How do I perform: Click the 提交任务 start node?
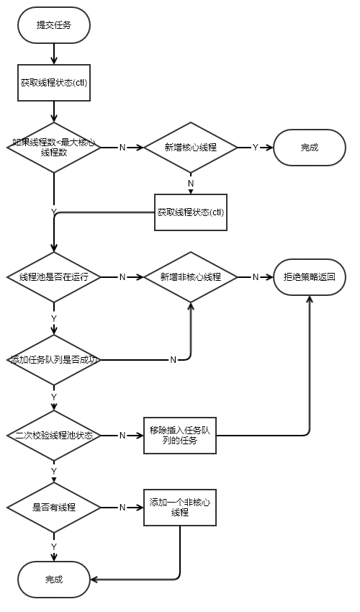pyautogui.click(x=54, y=24)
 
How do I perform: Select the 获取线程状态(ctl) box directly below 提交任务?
pyautogui.click(x=54, y=82)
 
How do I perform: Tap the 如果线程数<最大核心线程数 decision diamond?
pyautogui.click(x=54, y=148)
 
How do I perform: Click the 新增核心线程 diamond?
pyautogui.click(x=191, y=148)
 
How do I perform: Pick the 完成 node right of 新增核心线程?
pyautogui.click(x=310, y=148)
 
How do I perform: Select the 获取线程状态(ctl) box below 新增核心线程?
pyautogui.click(x=191, y=212)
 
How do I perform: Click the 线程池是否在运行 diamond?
pyautogui.click(x=54, y=276)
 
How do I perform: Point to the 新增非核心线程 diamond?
pyautogui.click(x=191, y=276)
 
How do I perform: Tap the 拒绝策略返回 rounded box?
pyautogui.click(x=310, y=276)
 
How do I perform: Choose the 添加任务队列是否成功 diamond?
pyautogui.click(x=54, y=359)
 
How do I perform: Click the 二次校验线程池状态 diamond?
pyautogui.click(x=54, y=436)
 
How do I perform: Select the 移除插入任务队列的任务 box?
pyautogui.click(x=180, y=436)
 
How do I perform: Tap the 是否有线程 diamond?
pyautogui.click(x=54, y=507)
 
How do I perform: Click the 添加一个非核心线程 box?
pyautogui.click(x=180, y=507)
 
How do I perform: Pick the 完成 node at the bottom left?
pyautogui.click(x=54, y=579)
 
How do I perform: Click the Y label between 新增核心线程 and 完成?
pyautogui.click(x=255, y=148)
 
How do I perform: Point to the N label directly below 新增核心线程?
pyautogui.click(x=191, y=183)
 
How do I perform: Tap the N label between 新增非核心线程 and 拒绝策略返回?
pyautogui.click(x=255, y=276)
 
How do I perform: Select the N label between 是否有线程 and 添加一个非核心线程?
pyautogui.click(x=122, y=507)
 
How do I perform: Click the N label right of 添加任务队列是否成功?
pyautogui.click(x=173, y=359)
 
